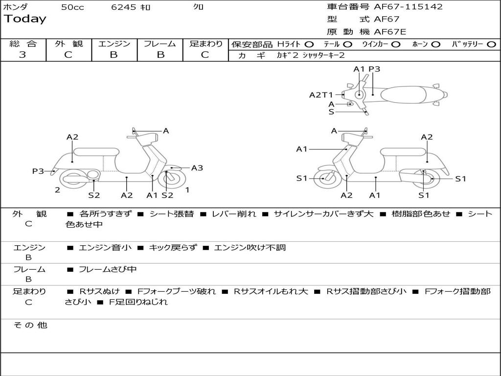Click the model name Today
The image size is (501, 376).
[25, 19]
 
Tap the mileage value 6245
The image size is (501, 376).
[124, 7]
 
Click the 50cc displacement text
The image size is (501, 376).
[72, 7]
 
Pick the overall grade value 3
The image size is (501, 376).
[23, 55]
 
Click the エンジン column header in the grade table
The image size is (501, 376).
[114, 44]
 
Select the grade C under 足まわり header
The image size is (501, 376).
[205, 55]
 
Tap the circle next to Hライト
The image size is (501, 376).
[309, 44]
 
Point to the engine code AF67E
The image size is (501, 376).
[390, 32]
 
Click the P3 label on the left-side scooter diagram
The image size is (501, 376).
[38, 171]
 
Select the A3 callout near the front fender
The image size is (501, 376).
[197, 168]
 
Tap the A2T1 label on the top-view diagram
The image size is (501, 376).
[321, 95]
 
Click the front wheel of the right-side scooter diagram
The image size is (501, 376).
[324, 178]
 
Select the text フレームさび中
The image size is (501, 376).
[108, 269]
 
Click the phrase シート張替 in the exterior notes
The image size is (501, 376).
[171, 214]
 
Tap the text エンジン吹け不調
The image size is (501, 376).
[250, 248]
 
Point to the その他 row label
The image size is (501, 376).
[30, 325]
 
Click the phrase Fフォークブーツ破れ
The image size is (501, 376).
[177, 291]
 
